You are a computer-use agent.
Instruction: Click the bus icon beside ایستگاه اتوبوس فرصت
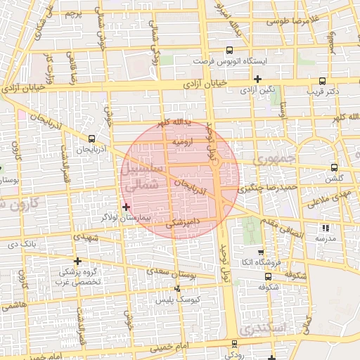click(x=229, y=51)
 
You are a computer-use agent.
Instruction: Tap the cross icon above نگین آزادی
click(x=258, y=79)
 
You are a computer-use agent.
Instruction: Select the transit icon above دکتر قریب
click(x=323, y=81)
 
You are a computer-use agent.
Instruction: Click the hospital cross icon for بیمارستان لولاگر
click(x=126, y=207)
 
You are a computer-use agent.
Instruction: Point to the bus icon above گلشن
click(x=333, y=168)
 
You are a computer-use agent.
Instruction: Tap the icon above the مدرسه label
click(x=324, y=228)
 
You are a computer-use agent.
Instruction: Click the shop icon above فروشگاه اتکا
click(x=260, y=252)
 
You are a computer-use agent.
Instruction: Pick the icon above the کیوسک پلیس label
click(x=176, y=289)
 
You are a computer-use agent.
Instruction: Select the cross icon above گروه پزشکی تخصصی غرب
click(x=77, y=261)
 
